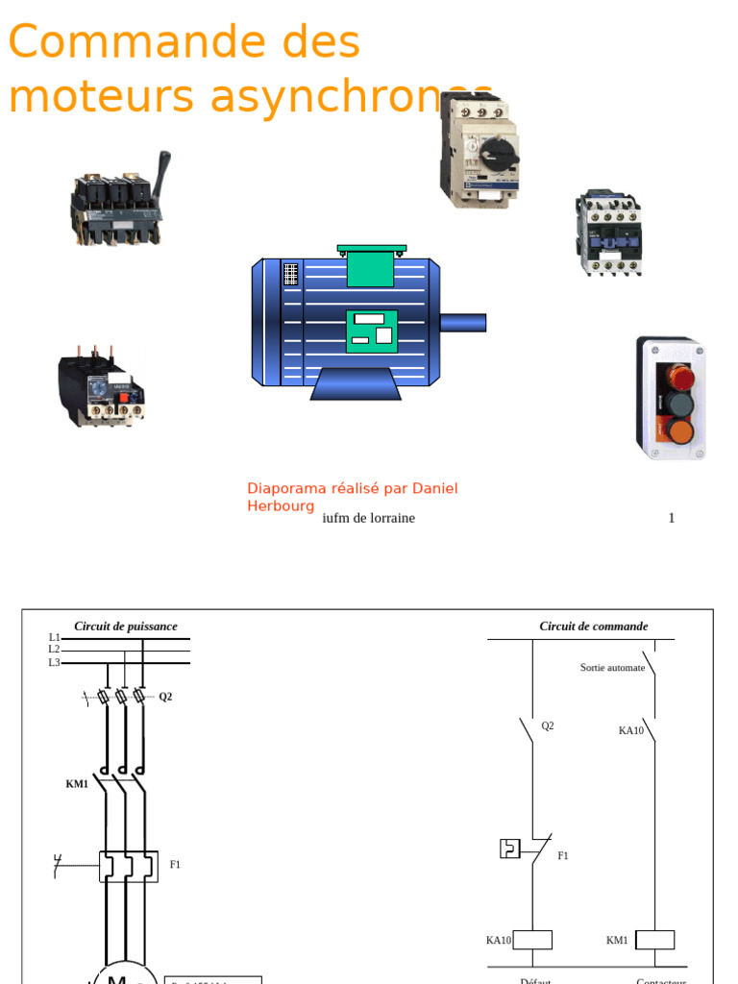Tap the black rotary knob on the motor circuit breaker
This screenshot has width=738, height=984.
click(x=499, y=149)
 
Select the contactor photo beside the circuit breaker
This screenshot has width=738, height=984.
click(x=608, y=233)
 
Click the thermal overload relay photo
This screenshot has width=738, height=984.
click(x=100, y=387)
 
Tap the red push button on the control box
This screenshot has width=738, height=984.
click(x=680, y=376)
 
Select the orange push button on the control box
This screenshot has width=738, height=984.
click(x=680, y=431)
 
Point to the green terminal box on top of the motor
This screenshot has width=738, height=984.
click(x=371, y=267)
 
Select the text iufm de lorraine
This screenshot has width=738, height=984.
click(x=369, y=518)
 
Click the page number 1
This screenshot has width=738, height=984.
click(x=672, y=518)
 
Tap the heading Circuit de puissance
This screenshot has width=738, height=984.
click(x=126, y=626)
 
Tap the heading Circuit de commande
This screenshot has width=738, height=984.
click(x=594, y=626)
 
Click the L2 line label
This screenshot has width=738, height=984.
click(x=55, y=650)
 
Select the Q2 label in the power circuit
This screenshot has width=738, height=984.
click(x=165, y=697)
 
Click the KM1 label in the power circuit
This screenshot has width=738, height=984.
click(x=77, y=784)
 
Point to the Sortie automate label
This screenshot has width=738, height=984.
click(x=612, y=667)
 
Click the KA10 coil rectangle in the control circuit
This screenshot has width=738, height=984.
click(x=532, y=940)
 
